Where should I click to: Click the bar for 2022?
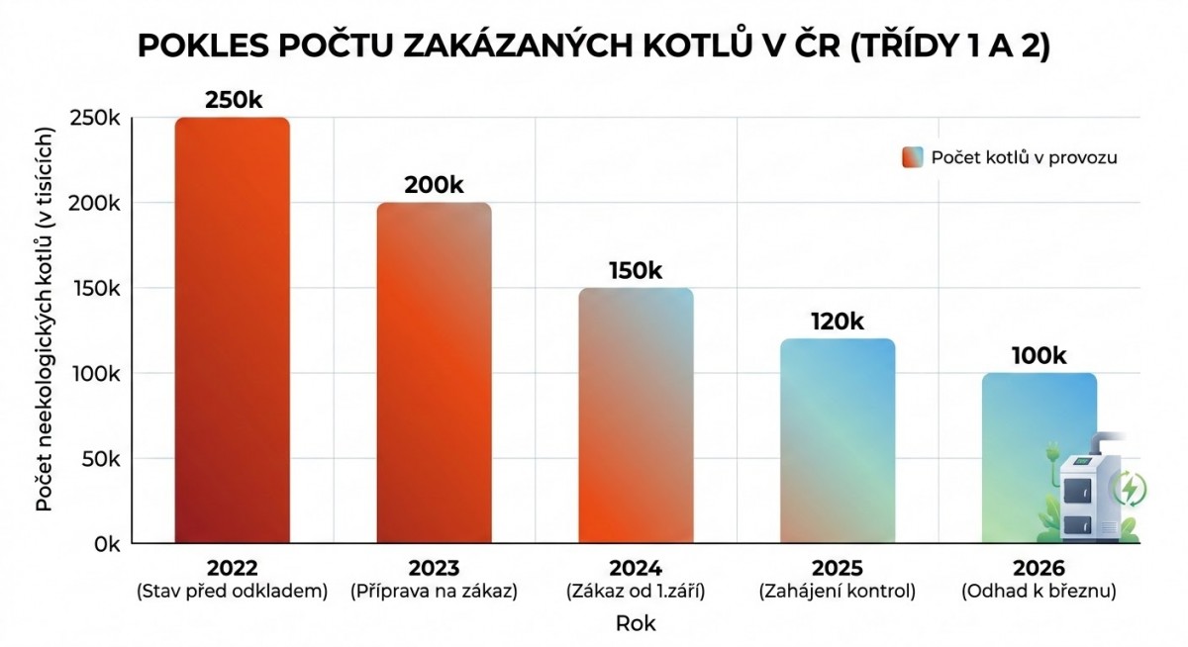233,330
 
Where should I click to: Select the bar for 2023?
434,373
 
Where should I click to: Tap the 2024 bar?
636,416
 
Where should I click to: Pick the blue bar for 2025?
838,441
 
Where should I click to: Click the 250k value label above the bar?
233,101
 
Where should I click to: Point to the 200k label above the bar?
434,185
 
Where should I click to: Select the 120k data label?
837,322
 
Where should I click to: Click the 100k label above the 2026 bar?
1039,356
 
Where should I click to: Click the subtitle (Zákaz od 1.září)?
636,592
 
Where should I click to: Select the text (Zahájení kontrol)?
837,592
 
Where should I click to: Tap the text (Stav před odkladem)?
233,592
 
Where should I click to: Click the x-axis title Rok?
636,624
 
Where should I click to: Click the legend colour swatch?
913,157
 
